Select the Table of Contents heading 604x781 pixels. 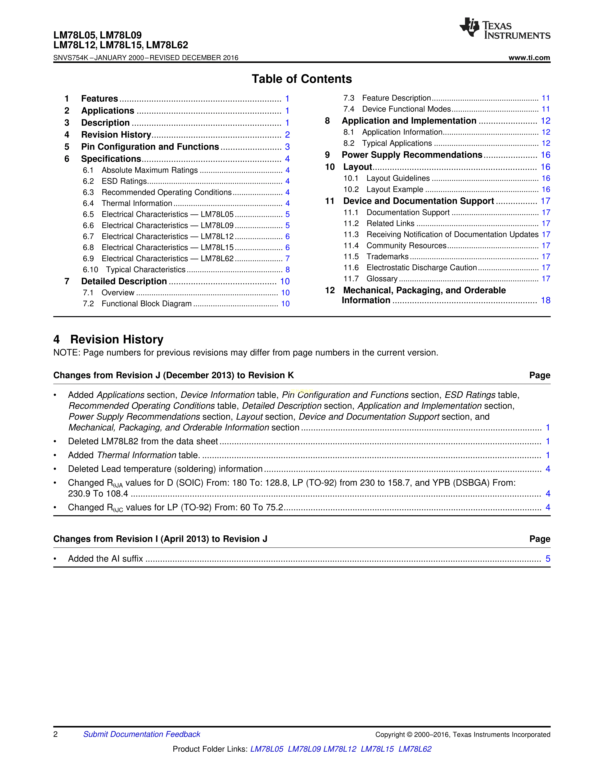pyautogui.click(x=302, y=79)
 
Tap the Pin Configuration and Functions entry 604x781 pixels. pyautogui.click(x=150, y=147)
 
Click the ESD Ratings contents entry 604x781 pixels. pyautogui.click(x=124, y=181)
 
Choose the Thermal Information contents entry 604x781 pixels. pyautogui.click(x=137, y=204)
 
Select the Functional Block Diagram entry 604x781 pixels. pyautogui.click(x=146, y=304)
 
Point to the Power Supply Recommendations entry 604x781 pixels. pyautogui.click(x=412, y=155)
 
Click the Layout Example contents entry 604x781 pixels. pyautogui.click(x=395, y=190)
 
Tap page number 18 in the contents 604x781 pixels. pyautogui.click(x=545, y=300)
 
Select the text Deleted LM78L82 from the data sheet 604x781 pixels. pyautogui.click(x=143, y=441)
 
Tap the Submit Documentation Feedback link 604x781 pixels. pyautogui.click(x=142, y=734)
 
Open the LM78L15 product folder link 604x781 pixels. pyautogui.click(x=377, y=749)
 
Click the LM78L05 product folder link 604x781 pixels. pyautogui.click(x=266, y=749)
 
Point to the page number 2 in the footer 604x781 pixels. pyautogui.click(x=55, y=734)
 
